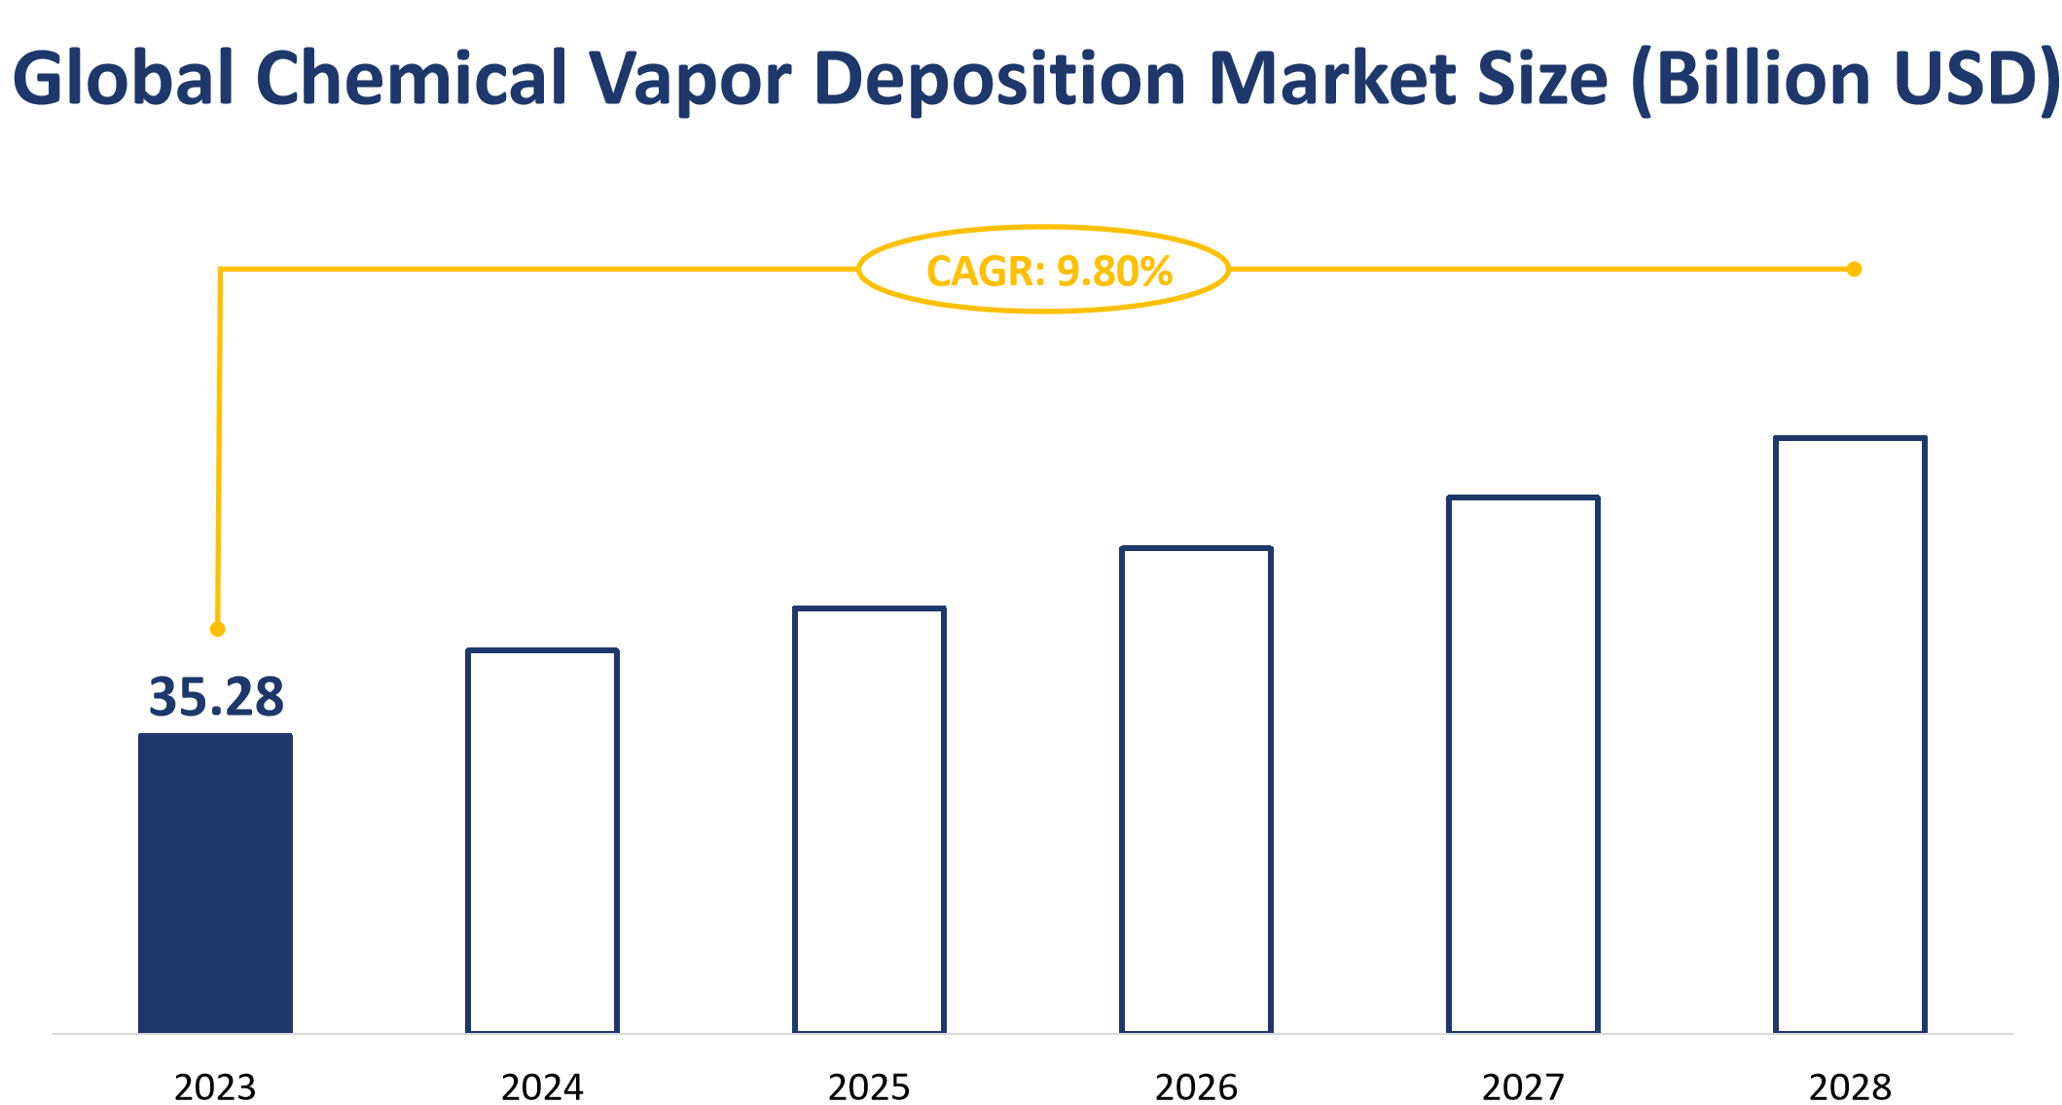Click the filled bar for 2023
[215, 882]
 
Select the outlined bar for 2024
[542, 840]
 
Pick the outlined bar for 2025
[869, 820]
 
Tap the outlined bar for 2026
[1196, 790]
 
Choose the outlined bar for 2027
[1523, 764]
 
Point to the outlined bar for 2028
[1850, 735]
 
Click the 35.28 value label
[216, 697]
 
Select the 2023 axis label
[215, 1087]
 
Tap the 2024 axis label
[542, 1087]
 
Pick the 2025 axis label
[869, 1087]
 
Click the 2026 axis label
[1196, 1087]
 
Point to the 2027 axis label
[1523, 1087]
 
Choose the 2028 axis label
[1850, 1087]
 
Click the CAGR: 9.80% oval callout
[1044, 270]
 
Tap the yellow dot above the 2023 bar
[218, 629]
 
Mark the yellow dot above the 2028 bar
[1854, 269]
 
